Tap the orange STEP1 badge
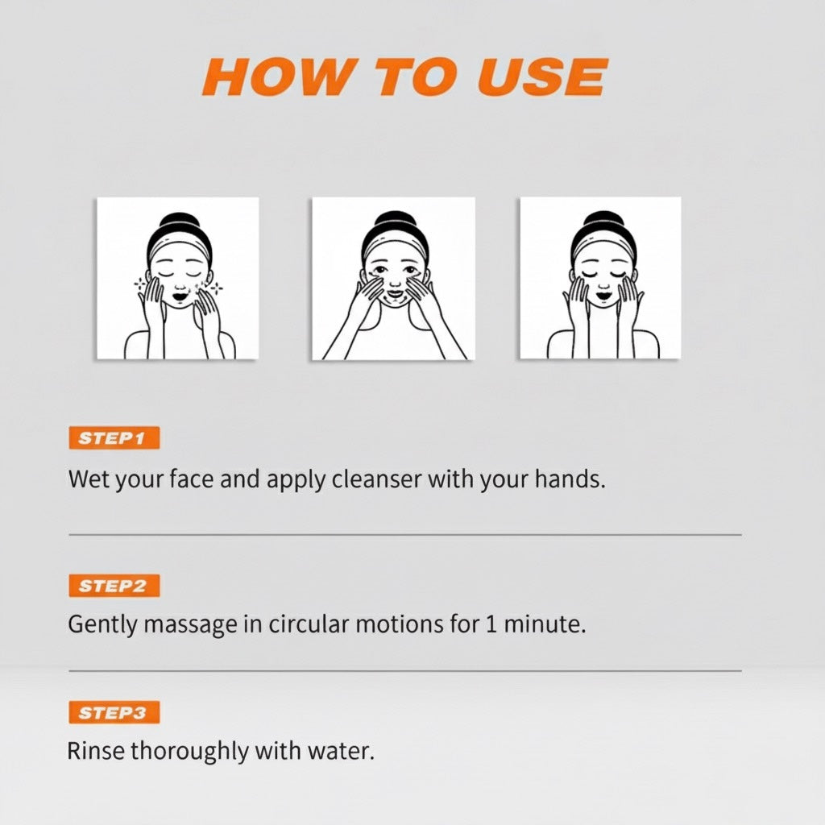pyautogui.click(x=114, y=438)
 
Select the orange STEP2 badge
pyautogui.click(x=114, y=586)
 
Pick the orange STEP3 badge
pyautogui.click(x=114, y=712)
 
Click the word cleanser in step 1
pyautogui.click(x=376, y=479)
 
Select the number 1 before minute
pyautogui.click(x=489, y=624)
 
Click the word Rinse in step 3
pyautogui.click(x=96, y=751)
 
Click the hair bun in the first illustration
pyautogui.click(x=179, y=222)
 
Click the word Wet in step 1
pyautogui.click(x=86, y=479)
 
